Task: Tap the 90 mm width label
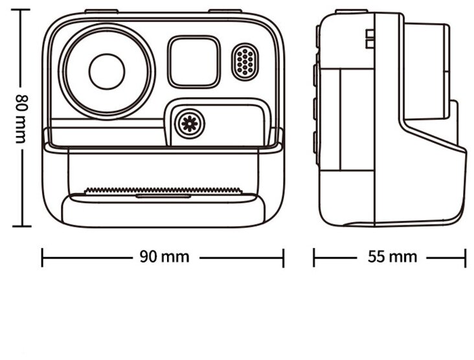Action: tap(164, 257)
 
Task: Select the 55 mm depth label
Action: tap(392, 257)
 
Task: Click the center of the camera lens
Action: tap(107, 71)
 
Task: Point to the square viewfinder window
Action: tap(194, 62)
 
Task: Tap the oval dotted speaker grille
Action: tap(245, 62)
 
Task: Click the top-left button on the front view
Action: tap(101, 11)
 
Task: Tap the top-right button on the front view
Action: tap(225, 11)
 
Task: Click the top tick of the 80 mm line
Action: tap(21, 10)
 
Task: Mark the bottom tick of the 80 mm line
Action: tap(21, 226)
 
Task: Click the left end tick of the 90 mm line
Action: tap(43, 257)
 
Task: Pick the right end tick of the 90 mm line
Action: tap(283, 257)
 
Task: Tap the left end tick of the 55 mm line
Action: tap(314, 257)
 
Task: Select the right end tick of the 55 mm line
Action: tap(465, 257)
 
